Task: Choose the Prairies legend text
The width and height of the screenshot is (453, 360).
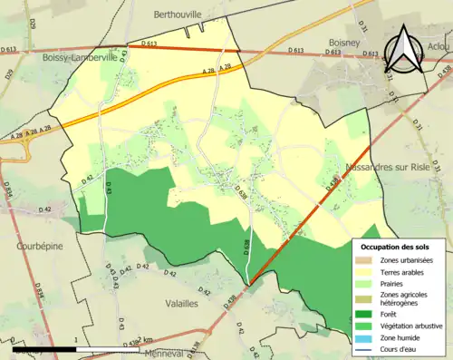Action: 392,282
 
